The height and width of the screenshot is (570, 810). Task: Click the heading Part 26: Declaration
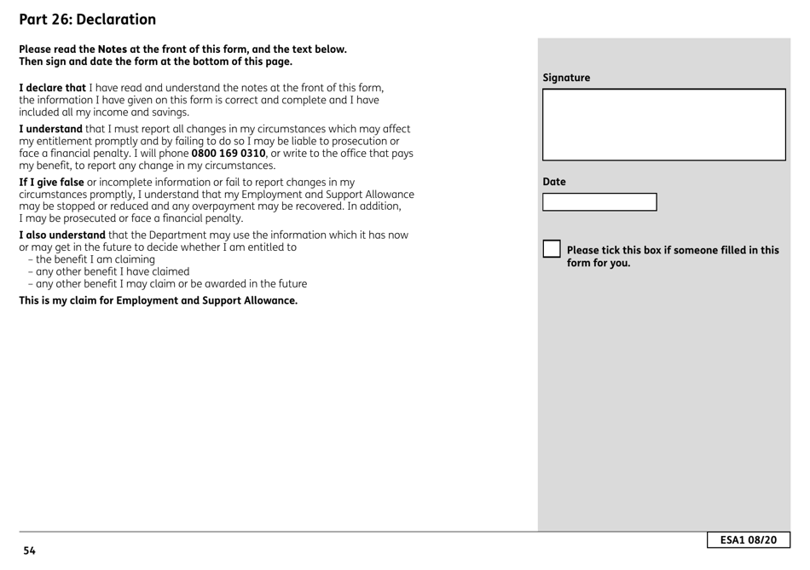pyautogui.click(x=88, y=19)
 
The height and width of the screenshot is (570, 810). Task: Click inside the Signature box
pyautogui.click(x=663, y=125)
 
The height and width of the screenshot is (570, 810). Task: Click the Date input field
pyautogui.click(x=599, y=202)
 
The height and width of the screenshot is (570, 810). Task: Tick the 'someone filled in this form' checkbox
pyautogui.click(x=552, y=250)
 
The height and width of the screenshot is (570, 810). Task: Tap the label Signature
pyautogui.click(x=566, y=78)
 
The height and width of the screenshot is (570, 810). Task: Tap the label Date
pyautogui.click(x=554, y=182)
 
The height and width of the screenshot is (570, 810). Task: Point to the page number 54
pyautogui.click(x=30, y=550)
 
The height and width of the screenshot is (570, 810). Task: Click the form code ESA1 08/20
pyautogui.click(x=748, y=540)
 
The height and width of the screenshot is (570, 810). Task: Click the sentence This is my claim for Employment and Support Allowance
pyautogui.click(x=158, y=300)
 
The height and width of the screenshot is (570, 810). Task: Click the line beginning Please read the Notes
pyautogui.click(x=182, y=49)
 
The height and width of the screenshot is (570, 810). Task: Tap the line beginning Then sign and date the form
pyautogui.click(x=155, y=61)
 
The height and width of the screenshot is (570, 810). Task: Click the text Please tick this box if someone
pyautogui.click(x=673, y=250)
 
